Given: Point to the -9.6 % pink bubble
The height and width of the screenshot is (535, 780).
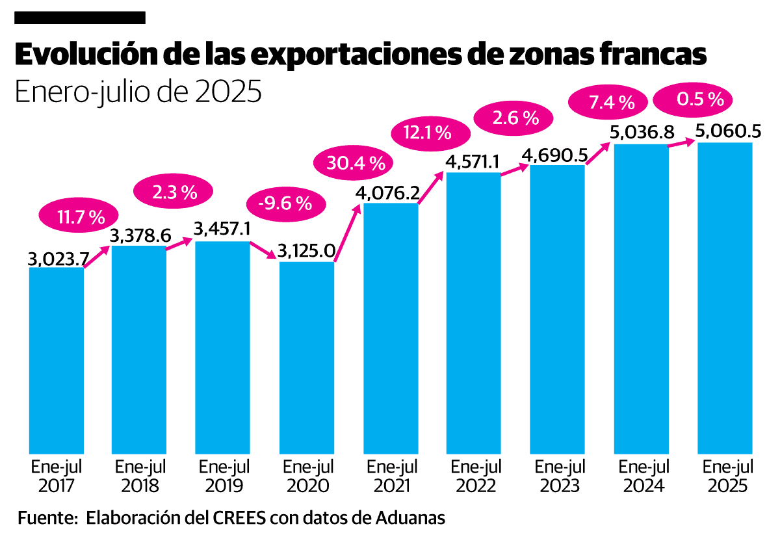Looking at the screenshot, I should [285, 203].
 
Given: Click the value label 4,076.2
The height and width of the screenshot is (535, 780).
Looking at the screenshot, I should [387, 193].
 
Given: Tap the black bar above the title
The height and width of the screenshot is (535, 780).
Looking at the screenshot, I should [79, 18].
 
